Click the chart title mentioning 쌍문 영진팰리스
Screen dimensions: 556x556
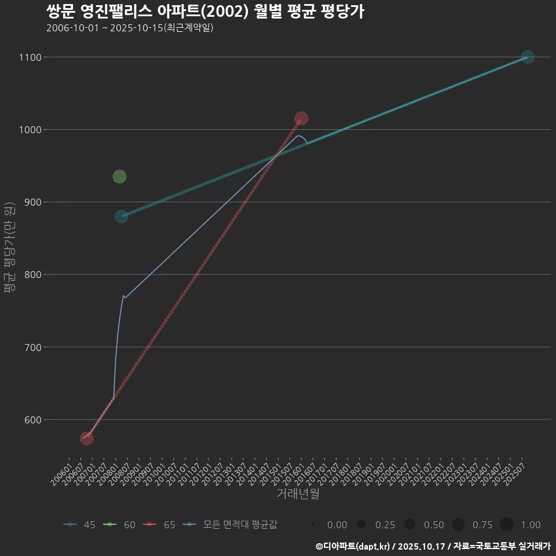click(205, 12)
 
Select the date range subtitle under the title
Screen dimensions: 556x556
click(130, 28)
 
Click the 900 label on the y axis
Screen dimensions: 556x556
click(32, 202)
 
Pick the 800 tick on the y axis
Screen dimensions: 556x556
click(32, 275)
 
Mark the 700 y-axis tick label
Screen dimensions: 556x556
click(32, 348)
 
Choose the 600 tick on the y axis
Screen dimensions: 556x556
click(32, 420)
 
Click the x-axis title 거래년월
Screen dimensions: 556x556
click(298, 493)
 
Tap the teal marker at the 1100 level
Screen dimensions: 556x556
click(527, 57)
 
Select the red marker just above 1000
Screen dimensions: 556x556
click(301, 118)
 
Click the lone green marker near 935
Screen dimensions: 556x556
click(119, 177)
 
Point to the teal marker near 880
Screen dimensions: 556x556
click(121, 217)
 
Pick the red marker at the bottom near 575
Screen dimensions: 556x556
click(86, 438)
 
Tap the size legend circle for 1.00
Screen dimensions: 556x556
click(507, 525)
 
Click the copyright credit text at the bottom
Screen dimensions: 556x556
click(433, 546)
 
